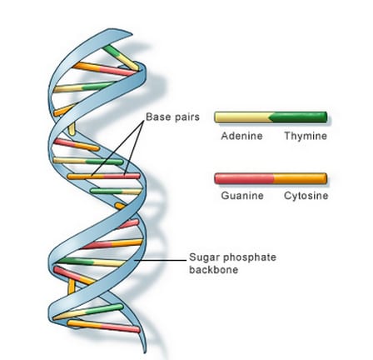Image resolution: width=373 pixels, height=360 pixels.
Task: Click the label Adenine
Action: point(241,136)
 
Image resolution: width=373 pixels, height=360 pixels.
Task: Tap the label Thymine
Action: point(306,136)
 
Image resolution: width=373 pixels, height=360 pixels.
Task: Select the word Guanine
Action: point(242,196)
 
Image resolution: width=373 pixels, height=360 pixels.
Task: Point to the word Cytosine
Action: point(306,196)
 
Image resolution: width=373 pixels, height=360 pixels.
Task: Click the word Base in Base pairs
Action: point(157,117)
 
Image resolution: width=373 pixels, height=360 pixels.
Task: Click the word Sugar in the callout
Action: point(204,257)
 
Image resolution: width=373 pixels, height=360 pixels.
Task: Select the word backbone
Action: point(213,270)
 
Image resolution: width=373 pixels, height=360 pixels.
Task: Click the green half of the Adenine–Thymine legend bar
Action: point(300,117)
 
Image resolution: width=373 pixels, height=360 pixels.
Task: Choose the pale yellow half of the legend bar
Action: point(242,117)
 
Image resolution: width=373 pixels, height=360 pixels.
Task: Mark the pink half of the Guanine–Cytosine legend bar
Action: point(244,178)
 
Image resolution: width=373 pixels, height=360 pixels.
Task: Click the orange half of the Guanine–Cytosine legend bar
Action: point(301,178)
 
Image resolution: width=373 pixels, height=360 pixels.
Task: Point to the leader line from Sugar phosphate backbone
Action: point(161,261)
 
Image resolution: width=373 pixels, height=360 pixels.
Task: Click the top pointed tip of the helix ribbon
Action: point(132,34)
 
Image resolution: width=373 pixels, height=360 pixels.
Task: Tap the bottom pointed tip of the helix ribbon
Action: point(145,352)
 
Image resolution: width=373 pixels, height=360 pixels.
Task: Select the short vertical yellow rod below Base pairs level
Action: point(72,128)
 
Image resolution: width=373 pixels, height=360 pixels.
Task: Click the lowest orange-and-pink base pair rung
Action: point(103,327)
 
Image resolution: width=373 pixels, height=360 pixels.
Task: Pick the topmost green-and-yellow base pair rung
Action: point(121,57)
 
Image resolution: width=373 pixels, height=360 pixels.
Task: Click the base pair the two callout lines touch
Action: point(103,176)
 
